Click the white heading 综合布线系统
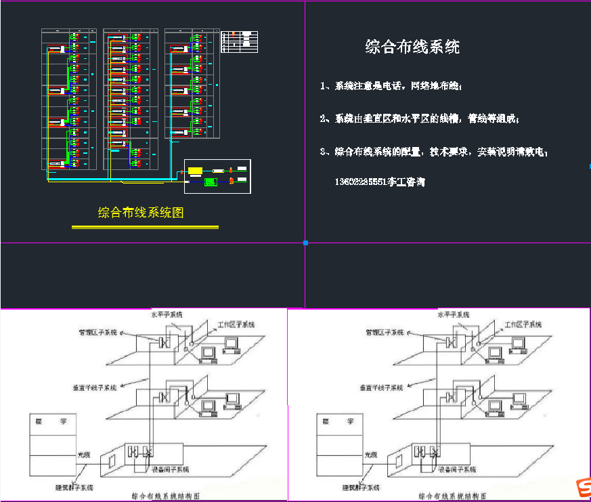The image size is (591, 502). pos(412,47)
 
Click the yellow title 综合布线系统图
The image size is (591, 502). pos(141,212)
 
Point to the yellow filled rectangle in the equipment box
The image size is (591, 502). pos(195,170)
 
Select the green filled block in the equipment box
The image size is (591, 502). pos(210,182)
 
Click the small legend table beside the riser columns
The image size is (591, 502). pos(240,41)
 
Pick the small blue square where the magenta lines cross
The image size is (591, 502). pos(305,242)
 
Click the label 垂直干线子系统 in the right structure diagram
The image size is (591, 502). pos(382,388)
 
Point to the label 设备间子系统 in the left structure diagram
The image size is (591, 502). pos(170,469)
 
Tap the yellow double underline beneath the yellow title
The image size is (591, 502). pos(145,227)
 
